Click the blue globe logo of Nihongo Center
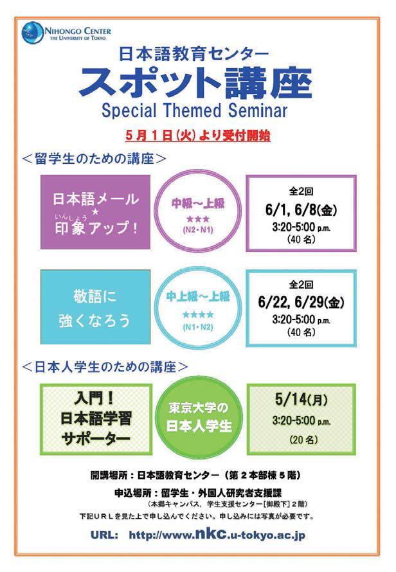(x=33, y=33)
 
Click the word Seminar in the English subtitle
(x=258, y=111)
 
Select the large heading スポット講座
(x=196, y=83)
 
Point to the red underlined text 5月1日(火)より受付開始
(x=198, y=136)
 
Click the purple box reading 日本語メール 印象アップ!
(x=95, y=212)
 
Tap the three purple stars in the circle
(x=198, y=219)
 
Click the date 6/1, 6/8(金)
(x=301, y=210)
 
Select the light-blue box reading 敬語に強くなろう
(x=95, y=307)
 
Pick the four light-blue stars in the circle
(x=198, y=314)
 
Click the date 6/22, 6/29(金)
(x=301, y=302)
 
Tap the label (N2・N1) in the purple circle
(x=198, y=230)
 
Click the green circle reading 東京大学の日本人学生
(x=199, y=416)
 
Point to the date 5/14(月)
(x=301, y=399)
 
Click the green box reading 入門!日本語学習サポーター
(x=96, y=419)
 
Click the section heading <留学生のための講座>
(x=94, y=159)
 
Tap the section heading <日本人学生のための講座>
(x=105, y=366)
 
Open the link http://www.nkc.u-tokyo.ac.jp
(x=217, y=535)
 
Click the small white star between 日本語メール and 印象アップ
(x=95, y=211)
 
